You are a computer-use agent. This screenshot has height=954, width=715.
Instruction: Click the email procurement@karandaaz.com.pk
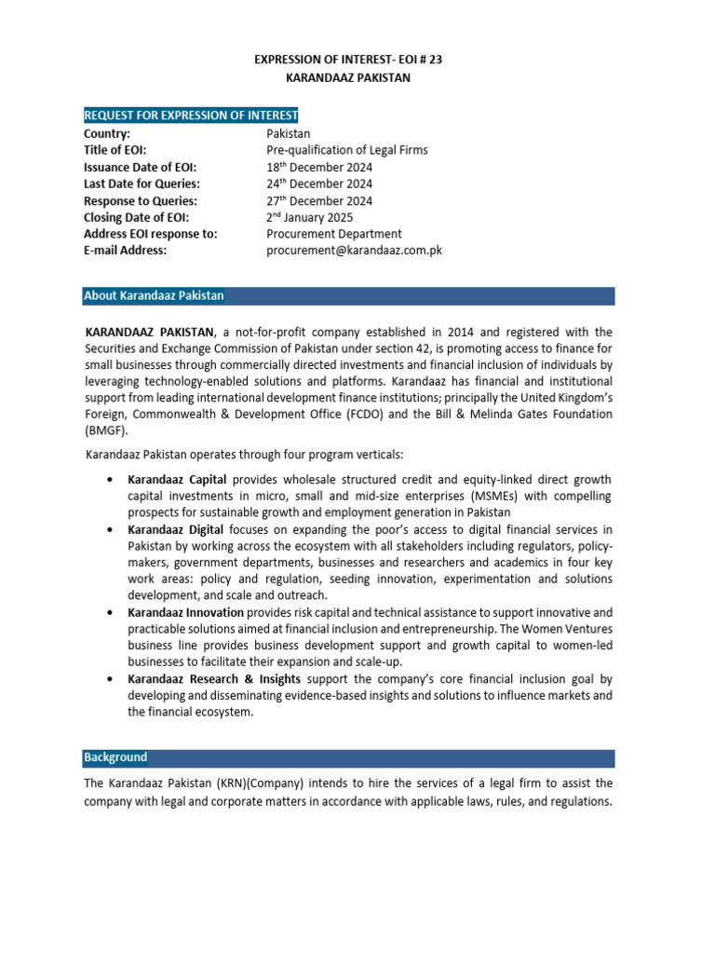coord(354,251)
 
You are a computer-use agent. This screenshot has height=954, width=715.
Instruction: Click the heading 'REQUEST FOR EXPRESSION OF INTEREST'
coord(191,116)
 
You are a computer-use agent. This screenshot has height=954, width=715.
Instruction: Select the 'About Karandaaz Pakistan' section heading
coord(154,295)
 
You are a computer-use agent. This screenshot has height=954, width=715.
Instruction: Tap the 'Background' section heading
coord(115,757)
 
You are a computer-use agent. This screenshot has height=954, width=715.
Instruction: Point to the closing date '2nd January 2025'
coord(310,217)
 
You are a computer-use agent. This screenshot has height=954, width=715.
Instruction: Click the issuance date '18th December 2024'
coord(319,167)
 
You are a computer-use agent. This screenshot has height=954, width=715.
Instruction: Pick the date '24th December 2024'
coord(319,184)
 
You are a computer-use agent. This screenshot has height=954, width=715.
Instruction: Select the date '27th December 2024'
coord(319,200)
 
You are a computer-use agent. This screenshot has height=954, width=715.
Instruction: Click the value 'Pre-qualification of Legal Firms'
coord(347,150)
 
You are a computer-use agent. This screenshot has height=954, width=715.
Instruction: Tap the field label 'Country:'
coord(107,133)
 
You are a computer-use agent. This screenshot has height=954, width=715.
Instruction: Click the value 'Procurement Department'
coord(334,234)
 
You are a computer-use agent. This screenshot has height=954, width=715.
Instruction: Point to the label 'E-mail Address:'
coord(126,251)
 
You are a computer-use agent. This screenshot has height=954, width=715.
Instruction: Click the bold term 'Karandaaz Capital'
coord(177,480)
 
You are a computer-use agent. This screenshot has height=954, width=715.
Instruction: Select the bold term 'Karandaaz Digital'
coord(174,529)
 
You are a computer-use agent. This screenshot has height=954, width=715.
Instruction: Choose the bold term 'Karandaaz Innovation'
coord(186,612)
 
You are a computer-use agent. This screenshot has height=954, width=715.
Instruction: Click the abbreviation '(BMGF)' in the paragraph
coord(104,431)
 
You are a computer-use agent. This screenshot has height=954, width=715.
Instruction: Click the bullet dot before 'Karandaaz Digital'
coord(111,529)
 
